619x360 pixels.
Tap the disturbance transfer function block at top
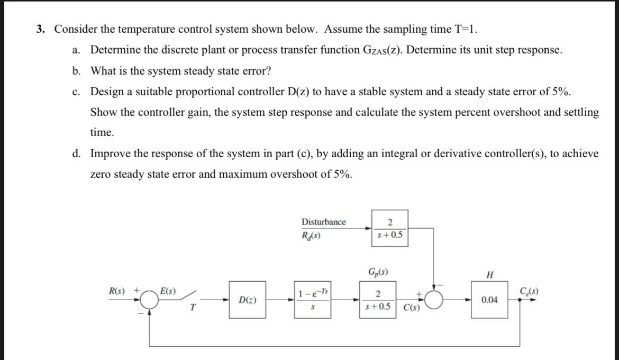tap(389, 228)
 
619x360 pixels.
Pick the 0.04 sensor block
tap(489, 300)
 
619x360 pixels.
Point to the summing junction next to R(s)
tap(152, 300)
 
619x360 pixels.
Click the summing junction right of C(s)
tap(434, 300)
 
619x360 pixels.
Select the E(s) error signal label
tap(168, 291)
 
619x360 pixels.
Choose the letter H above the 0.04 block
tap(489, 275)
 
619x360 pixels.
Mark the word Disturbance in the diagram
tap(323, 222)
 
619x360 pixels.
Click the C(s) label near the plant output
tap(412, 308)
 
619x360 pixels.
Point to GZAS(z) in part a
tap(381, 50)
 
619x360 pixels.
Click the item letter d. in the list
tap(77, 154)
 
